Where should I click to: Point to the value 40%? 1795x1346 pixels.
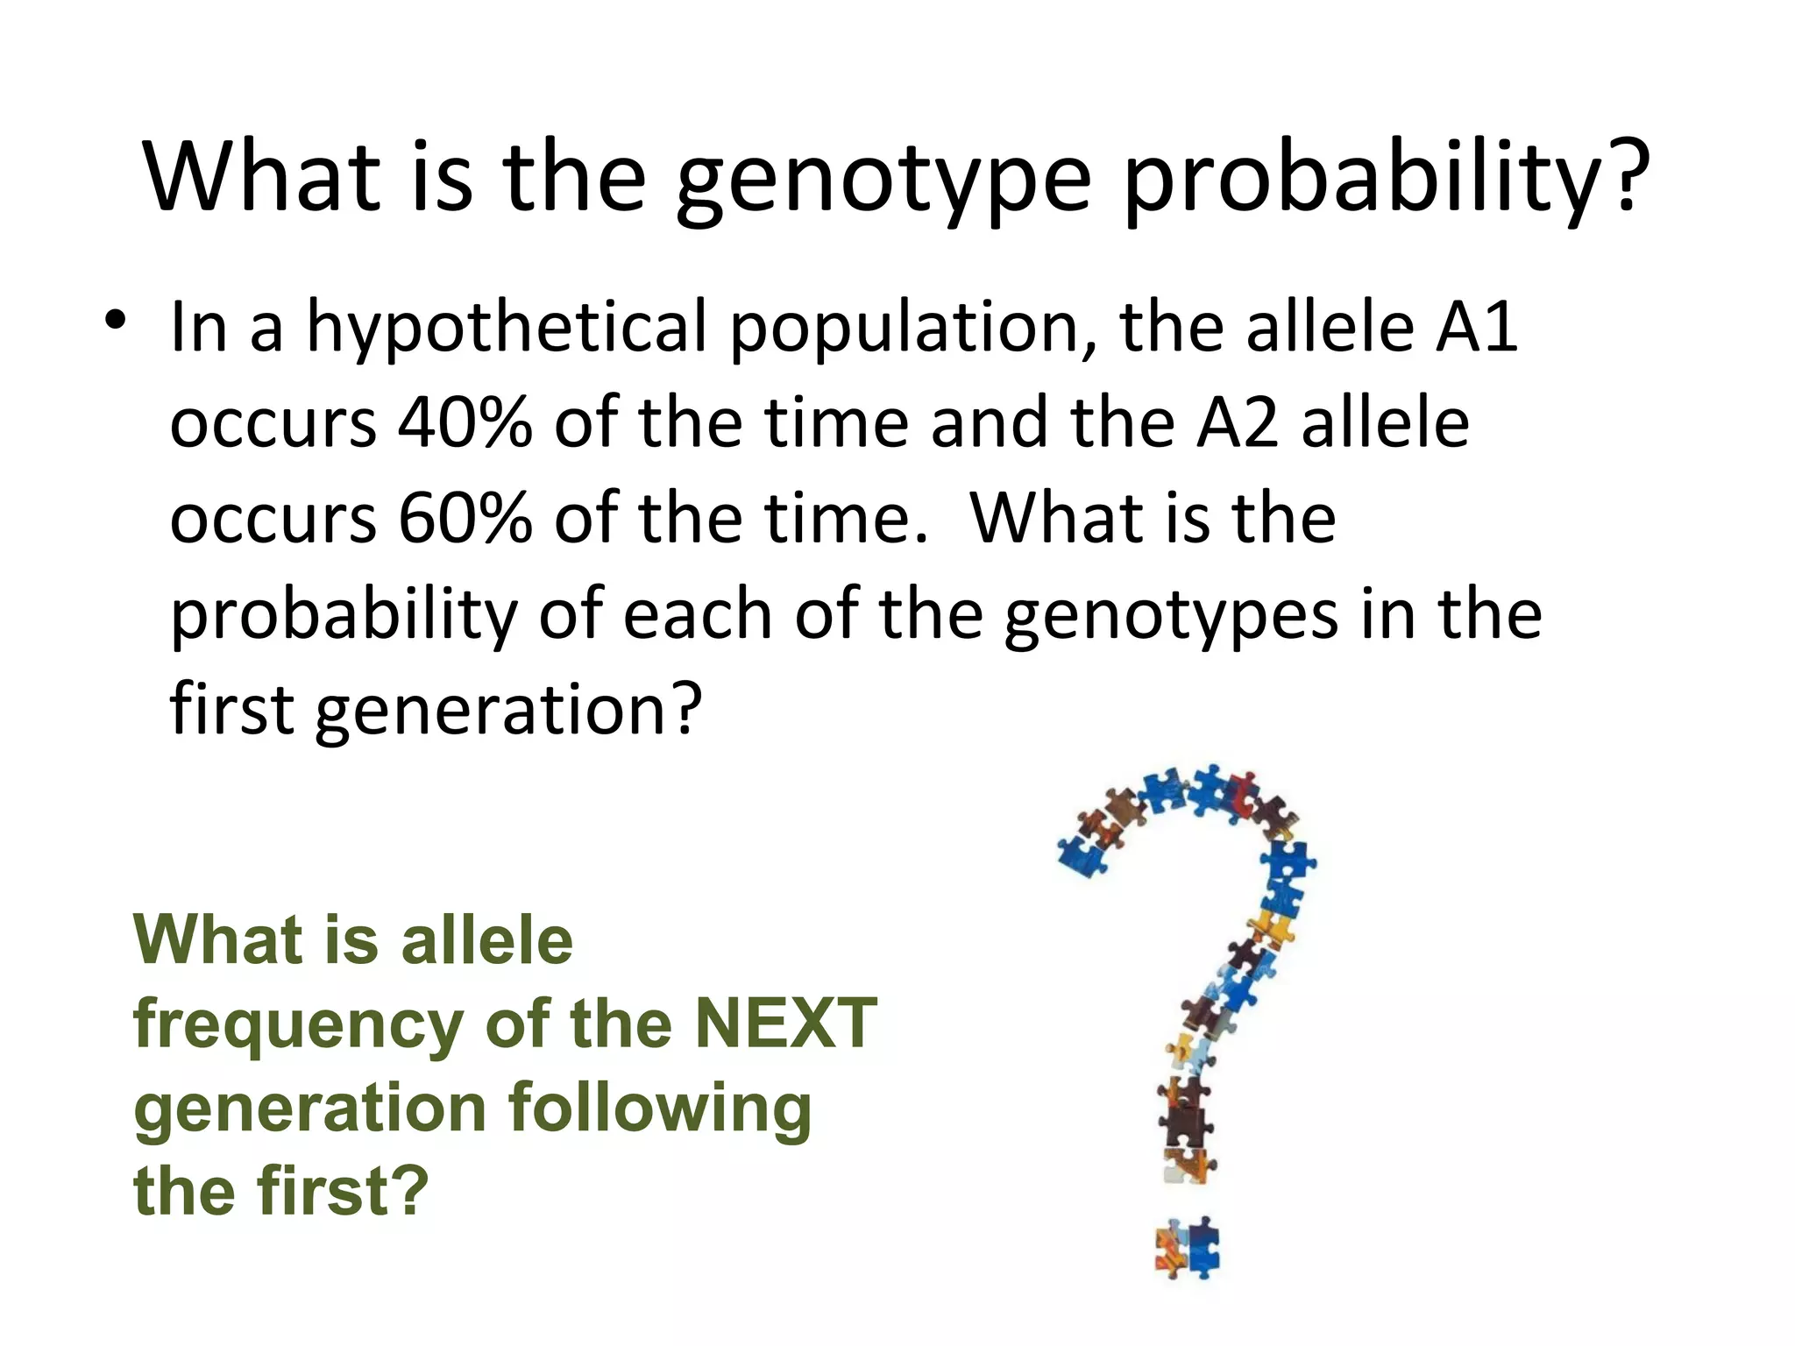pyautogui.click(x=465, y=422)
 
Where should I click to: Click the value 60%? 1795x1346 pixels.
pyautogui.click(x=465, y=518)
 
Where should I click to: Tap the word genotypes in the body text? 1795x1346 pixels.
pyautogui.click(x=1171, y=616)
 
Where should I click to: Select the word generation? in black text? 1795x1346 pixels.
pyautogui.click(x=508, y=711)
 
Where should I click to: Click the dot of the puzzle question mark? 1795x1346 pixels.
pyautogui.click(x=1188, y=1247)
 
